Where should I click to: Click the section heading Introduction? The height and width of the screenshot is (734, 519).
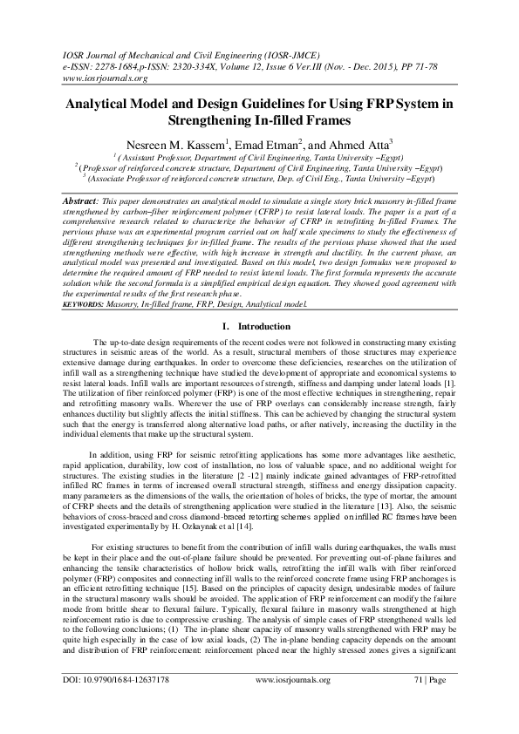tap(267, 325)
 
